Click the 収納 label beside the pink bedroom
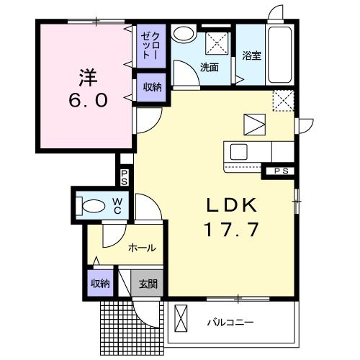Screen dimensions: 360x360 [152, 87]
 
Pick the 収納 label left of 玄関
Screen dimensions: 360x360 [100, 282]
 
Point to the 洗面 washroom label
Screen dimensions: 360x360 [210, 68]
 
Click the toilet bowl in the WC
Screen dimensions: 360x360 [92, 204]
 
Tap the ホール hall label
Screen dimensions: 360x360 [141, 248]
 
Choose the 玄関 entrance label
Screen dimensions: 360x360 [148, 282]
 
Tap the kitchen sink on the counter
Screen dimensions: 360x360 [238, 152]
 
